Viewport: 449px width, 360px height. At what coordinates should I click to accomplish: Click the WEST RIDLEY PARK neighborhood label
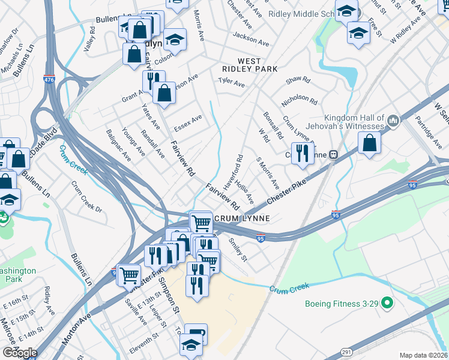click(x=258, y=65)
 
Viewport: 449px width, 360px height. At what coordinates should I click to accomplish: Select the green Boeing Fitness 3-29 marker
click(x=387, y=304)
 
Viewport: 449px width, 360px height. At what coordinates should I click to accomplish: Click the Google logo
click(x=20, y=353)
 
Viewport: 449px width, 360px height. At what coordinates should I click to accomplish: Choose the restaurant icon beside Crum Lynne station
click(x=303, y=152)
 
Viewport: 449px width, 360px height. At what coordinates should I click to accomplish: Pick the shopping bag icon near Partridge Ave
click(x=370, y=143)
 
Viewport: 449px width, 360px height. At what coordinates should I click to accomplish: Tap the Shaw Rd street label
click(x=298, y=79)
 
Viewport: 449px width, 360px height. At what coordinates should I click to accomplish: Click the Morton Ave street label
click(x=74, y=325)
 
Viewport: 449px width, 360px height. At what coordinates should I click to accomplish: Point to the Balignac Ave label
click(x=118, y=145)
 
